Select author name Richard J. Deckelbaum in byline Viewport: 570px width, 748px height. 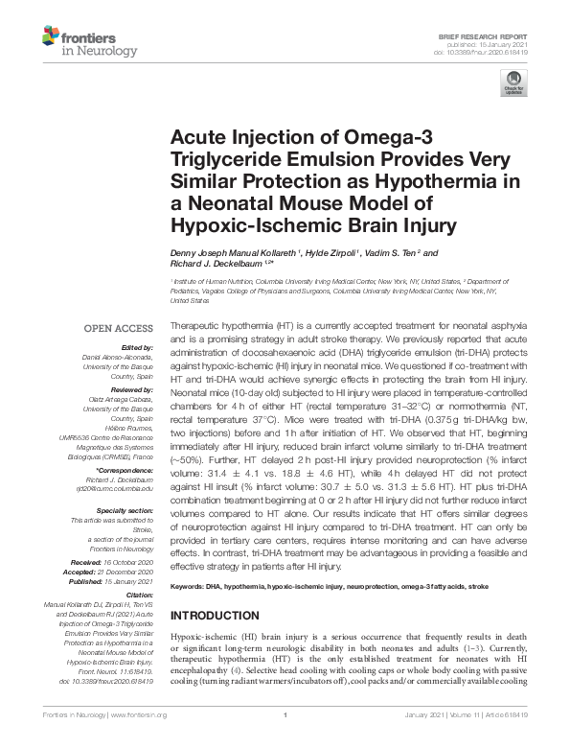coord(209,264)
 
